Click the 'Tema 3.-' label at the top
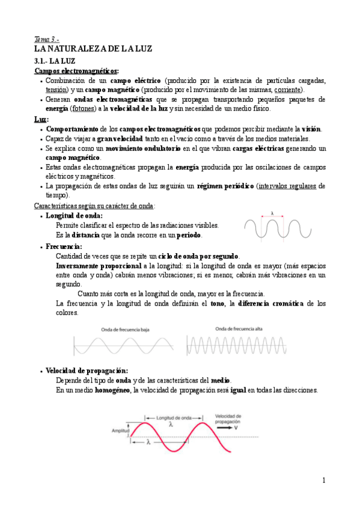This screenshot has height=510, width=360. [44, 38]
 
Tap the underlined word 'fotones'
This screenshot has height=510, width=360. [82, 109]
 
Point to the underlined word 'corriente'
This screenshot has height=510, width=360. [284, 90]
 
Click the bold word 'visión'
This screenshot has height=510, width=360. [311, 129]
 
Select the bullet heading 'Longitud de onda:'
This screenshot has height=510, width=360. [74, 215]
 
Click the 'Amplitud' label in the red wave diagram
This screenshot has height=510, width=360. [120, 431]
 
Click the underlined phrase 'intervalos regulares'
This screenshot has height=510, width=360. [287, 186]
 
